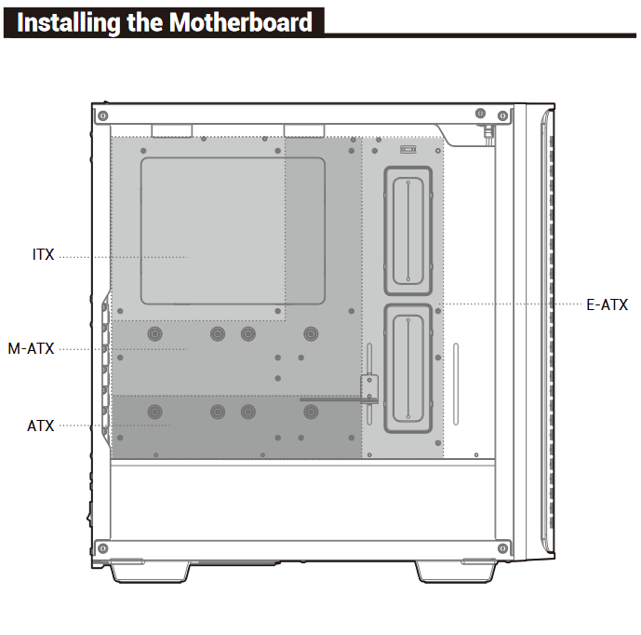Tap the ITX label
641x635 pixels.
click(44, 255)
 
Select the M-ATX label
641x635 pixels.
click(32, 348)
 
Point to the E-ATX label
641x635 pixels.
click(608, 304)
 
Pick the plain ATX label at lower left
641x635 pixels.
click(41, 426)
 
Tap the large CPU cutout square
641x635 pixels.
click(233, 231)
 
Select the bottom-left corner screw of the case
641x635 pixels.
click(103, 547)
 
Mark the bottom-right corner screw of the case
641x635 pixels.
click(502, 547)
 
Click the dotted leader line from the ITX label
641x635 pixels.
click(121, 256)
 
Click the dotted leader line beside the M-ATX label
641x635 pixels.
click(121, 349)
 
